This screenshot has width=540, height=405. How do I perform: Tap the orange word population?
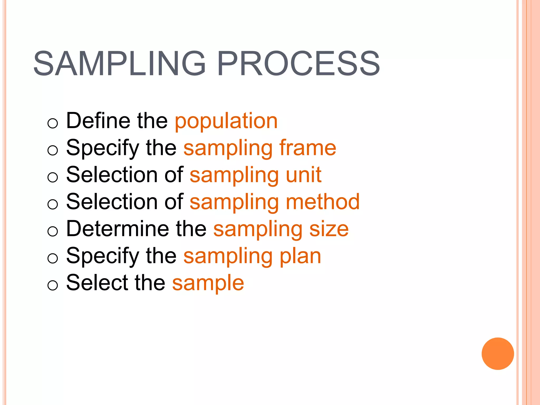(226, 121)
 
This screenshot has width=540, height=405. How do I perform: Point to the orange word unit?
(304, 175)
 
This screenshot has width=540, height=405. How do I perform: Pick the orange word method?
(323, 202)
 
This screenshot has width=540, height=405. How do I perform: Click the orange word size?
(329, 229)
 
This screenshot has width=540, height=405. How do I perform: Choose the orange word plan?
(300, 256)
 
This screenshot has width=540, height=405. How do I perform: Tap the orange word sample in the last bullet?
(208, 283)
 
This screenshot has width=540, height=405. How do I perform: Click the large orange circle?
(498, 354)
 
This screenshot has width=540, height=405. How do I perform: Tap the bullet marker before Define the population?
(52, 123)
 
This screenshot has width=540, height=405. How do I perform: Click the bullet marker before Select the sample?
(52, 285)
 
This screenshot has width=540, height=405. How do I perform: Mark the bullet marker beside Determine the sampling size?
(52, 231)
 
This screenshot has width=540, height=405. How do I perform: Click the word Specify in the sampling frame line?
(103, 148)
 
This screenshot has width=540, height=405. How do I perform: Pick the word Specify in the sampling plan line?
(103, 256)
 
